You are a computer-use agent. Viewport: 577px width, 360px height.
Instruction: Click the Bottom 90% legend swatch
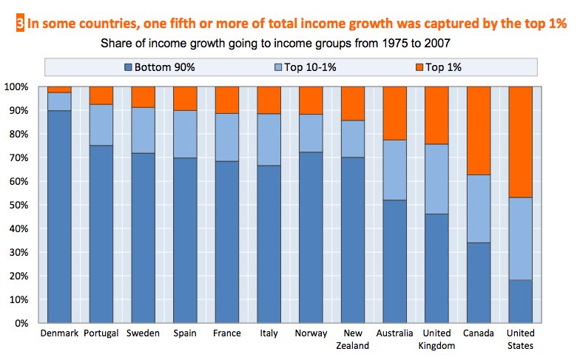click(129, 67)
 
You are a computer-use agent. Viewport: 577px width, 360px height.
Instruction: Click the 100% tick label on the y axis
click(18, 87)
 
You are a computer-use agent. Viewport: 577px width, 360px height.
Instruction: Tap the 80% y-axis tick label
click(21, 134)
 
